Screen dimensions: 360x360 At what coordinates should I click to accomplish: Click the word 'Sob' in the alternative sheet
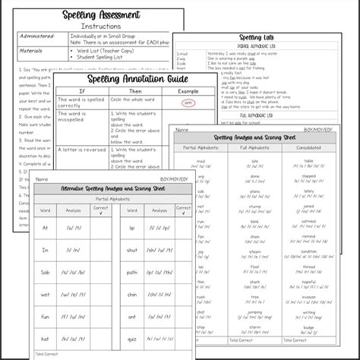46,250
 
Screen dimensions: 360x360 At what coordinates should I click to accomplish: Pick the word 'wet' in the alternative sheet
46,273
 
